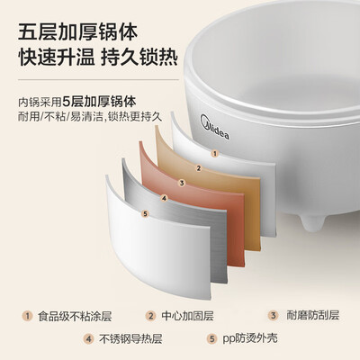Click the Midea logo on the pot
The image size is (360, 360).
214,127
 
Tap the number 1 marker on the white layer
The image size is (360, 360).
214,154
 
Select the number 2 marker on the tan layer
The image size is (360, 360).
198,168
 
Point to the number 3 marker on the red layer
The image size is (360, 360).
182,183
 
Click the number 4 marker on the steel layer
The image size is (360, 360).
164,198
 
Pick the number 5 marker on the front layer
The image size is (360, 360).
146,213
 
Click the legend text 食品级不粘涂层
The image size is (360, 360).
75,316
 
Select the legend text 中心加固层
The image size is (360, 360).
187,316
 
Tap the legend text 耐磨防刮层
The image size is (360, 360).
313,315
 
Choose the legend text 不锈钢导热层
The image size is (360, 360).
130,339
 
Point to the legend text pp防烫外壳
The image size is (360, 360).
250,338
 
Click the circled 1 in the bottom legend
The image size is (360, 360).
27,316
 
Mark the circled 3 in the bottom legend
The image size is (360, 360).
273,315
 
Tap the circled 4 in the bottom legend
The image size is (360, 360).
89,339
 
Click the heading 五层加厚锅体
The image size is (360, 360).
77,32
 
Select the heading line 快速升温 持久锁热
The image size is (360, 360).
98,57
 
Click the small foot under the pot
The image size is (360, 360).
313,223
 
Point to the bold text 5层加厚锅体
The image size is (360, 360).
99,102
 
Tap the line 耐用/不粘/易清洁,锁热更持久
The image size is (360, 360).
90,116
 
